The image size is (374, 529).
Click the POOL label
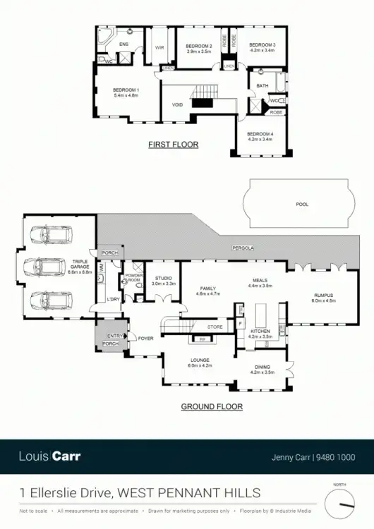pyautogui.click(x=302, y=204)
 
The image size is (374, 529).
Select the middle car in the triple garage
pyautogui.click(x=48, y=266)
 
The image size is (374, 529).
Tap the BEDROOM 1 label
pyautogui.click(x=126, y=92)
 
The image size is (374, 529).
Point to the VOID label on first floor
pyautogui.click(x=178, y=105)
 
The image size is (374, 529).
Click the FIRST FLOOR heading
pyautogui.click(x=173, y=145)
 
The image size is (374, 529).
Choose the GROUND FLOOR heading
pyautogui.click(x=212, y=406)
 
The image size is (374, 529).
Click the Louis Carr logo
pyautogui.click(x=49, y=456)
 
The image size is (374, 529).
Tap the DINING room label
pyautogui.click(x=263, y=369)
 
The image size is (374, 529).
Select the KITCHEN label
pyautogui.click(x=261, y=332)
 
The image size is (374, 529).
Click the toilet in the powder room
pyautogui.click(x=125, y=281)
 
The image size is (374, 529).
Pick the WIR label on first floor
pyautogui.click(x=159, y=48)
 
